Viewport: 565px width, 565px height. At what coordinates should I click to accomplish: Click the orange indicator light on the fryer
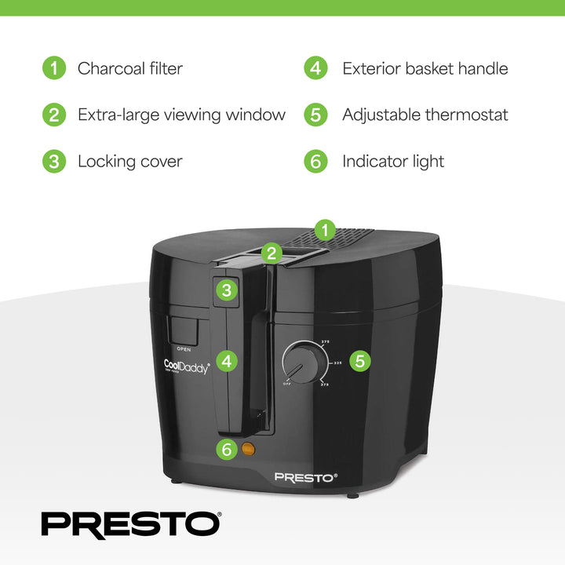tap(249, 450)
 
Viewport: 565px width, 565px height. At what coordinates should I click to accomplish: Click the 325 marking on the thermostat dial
tap(337, 363)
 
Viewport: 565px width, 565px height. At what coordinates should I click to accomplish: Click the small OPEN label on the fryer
tap(184, 348)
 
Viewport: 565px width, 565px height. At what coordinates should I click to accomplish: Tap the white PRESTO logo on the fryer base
tap(305, 476)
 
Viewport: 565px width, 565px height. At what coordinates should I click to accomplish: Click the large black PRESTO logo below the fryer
tap(131, 524)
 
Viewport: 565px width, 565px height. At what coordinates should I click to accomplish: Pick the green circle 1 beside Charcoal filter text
tap(53, 68)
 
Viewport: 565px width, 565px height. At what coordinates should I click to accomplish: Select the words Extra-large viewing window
tap(181, 115)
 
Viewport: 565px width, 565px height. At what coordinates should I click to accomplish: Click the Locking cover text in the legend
tap(129, 162)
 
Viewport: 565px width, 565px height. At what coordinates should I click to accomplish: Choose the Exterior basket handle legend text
tap(425, 68)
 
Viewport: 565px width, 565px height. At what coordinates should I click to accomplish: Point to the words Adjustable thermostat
tap(425, 115)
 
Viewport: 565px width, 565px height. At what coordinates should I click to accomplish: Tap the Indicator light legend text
tap(393, 162)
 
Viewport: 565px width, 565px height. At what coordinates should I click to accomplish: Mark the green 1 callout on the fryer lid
tap(323, 230)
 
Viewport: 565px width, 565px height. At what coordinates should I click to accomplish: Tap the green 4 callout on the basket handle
tap(227, 361)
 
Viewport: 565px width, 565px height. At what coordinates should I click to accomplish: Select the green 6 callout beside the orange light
tap(227, 450)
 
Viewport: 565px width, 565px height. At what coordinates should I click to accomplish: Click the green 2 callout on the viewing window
tap(272, 253)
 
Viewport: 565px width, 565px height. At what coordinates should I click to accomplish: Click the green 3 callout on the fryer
tap(227, 290)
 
